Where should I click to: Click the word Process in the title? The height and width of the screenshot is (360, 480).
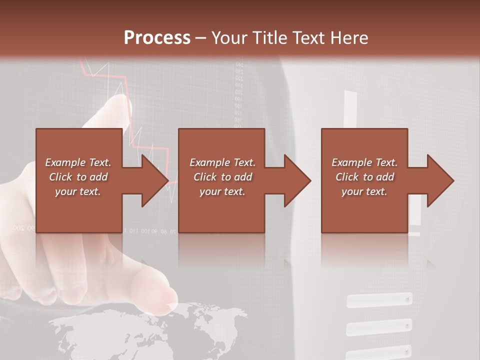pyautogui.click(x=157, y=38)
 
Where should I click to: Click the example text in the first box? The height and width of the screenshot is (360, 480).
pyautogui.click(x=78, y=177)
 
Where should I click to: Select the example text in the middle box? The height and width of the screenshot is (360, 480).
pyautogui.click(x=222, y=177)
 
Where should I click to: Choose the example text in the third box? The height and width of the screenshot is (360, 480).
pyautogui.click(x=364, y=177)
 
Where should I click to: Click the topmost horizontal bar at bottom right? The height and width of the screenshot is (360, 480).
pyautogui.click(x=379, y=300)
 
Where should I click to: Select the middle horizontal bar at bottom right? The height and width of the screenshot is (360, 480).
pyautogui.click(x=379, y=328)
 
